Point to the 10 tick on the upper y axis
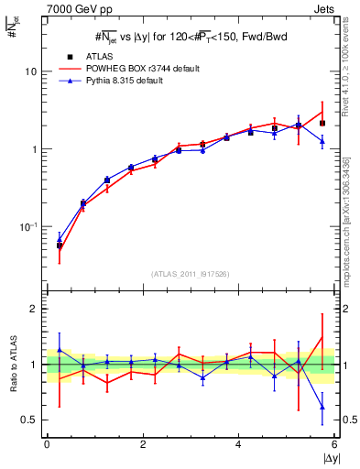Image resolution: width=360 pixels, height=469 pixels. tap(31, 71)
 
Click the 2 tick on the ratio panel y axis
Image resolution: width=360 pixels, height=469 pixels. tap(35, 310)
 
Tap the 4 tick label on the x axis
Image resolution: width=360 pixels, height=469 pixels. tap(238, 444)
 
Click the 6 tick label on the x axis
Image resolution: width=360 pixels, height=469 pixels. tap(334, 444)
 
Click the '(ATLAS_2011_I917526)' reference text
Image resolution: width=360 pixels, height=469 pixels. tap(191, 274)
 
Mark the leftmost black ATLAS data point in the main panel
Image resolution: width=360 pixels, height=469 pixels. tap(60, 245)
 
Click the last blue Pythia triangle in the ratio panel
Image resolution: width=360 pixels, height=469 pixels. tap(322, 408)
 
